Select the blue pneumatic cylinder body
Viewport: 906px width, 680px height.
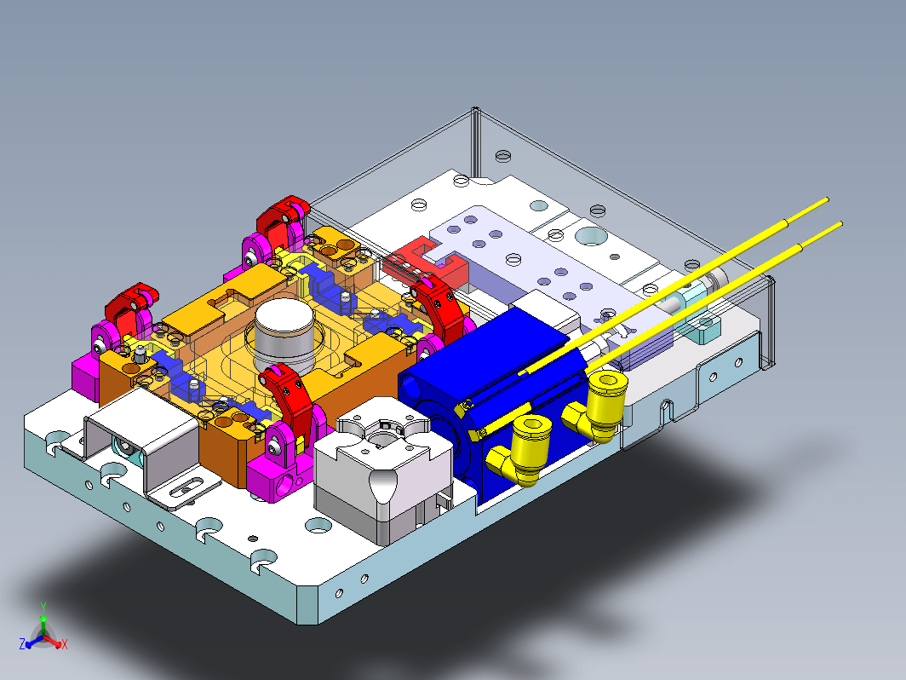click(491, 393)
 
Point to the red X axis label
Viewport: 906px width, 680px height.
click(65, 644)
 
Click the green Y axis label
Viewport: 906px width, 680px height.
click(43, 607)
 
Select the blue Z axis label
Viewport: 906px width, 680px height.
click(22, 644)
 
